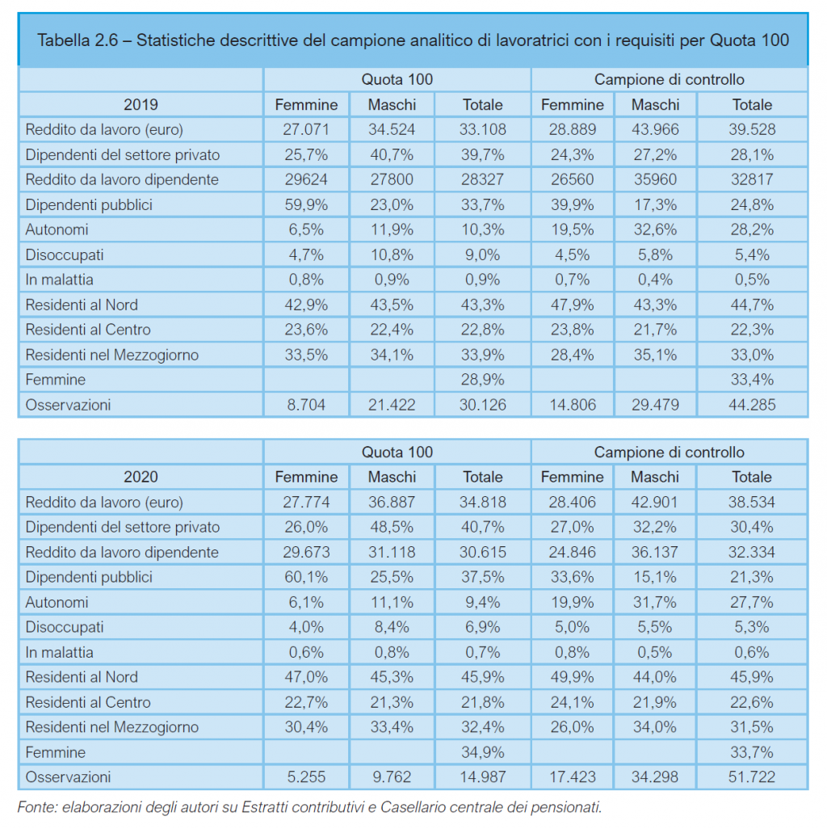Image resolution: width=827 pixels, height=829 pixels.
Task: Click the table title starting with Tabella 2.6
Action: click(413, 40)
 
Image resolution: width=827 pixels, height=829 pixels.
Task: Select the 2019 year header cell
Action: click(141, 105)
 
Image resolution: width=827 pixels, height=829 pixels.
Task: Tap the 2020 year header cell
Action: click(141, 477)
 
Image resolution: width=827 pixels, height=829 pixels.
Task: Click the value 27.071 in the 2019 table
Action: click(306, 129)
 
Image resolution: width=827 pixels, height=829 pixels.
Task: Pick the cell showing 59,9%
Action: click(306, 204)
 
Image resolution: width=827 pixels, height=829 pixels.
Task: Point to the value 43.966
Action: click(655, 129)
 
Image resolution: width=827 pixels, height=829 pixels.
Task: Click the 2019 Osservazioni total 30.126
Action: click(482, 405)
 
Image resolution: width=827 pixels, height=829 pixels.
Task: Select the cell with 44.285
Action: click(752, 405)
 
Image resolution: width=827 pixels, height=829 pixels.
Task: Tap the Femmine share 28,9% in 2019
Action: click(482, 380)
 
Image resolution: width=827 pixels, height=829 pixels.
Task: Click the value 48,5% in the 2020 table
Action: click(392, 527)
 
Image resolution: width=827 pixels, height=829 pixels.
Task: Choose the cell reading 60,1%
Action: click(306, 577)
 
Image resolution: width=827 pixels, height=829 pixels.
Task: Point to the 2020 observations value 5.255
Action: click(306, 777)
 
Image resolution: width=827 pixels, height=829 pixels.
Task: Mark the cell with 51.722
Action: click(752, 777)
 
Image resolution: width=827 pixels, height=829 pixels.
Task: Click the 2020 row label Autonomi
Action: click(57, 602)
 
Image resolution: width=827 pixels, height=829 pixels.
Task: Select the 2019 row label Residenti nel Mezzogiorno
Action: click(112, 355)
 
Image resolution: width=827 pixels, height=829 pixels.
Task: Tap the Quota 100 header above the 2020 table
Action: click(397, 452)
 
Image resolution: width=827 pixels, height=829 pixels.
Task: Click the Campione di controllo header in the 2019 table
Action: click(669, 80)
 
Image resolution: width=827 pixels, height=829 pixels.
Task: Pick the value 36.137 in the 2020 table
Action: click(655, 552)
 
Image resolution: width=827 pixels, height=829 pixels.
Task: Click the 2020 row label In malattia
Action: click(59, 652)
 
